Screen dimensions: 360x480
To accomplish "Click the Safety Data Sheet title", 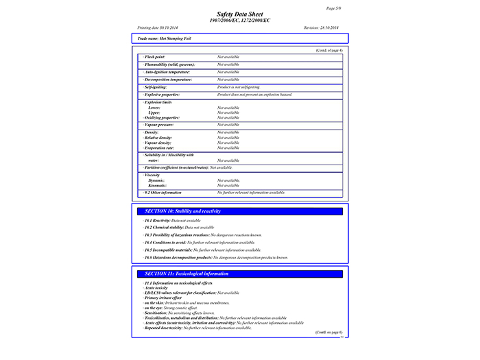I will [x=240, y=14].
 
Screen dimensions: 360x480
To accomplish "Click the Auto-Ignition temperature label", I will [x=167, y=72].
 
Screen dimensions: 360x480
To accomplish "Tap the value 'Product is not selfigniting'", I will [x=239, y=87].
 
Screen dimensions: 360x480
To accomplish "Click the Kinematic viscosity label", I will [x=157, y=186].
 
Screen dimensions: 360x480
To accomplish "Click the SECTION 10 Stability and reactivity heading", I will [x=182, y=211].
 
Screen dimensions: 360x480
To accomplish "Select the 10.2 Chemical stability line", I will [x=178, y=227].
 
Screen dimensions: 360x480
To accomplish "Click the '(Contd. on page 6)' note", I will [x=328, y=332].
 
